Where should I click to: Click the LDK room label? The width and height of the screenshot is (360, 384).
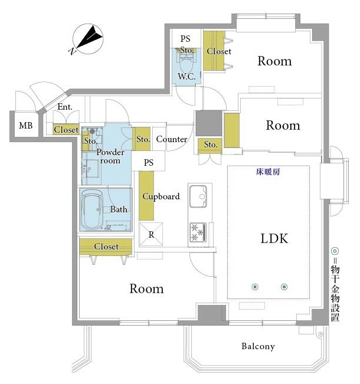coord(274,238)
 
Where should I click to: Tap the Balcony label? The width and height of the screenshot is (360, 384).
coord(258,346)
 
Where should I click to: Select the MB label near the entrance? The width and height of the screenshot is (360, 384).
coord(26,126)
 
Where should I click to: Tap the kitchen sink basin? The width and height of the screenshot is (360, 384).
coord(198,196)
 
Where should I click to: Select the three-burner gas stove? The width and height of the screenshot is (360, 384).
coord(198,232)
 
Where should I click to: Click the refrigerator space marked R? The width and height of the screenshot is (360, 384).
coord(151,234)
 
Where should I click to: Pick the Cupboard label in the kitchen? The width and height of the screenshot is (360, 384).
coord(161,196)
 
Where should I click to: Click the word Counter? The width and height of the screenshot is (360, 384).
coord(172,139)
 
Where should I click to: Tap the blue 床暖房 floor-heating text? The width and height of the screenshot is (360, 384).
coord(268,172)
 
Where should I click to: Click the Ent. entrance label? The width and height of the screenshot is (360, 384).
coord(65,107)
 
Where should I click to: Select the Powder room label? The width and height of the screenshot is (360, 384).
coord(110,156)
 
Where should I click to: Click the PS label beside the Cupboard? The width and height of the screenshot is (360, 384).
coord(149,162)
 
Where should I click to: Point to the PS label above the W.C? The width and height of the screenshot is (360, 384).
coord(185,39)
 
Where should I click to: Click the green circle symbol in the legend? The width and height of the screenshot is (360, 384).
coord(335,251)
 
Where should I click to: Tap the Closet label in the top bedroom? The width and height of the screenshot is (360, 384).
coord(219,51)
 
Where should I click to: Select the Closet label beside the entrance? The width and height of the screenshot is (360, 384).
coord(66,130)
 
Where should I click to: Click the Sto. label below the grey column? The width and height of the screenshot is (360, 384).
coord(211,145)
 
